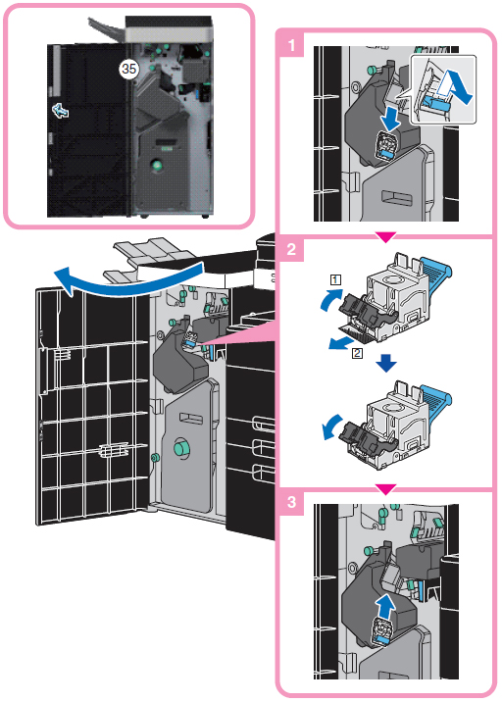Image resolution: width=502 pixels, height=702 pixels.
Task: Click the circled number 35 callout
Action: (x=129, y=69)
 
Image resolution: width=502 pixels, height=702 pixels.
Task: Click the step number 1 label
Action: (x=292, y=45)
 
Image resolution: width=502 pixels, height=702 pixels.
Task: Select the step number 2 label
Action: (x=291, y=249)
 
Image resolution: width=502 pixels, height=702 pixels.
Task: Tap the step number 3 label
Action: (x=291, y=502)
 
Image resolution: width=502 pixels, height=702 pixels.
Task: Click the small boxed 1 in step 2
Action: (x=335, y=280)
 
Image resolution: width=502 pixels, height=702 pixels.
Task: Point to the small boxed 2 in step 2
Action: (x=357, y=353)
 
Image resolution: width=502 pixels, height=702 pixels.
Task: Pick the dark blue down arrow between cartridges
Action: (x=386, y=363)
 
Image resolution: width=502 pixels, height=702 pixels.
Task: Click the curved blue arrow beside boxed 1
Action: (x=330, y=299)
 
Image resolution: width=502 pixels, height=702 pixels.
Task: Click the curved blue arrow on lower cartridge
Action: (x=331, y=428)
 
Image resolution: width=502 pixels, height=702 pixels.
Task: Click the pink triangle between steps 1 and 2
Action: (x=385, y=237)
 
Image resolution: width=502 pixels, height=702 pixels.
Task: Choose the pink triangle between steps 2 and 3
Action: (x=385, y=489)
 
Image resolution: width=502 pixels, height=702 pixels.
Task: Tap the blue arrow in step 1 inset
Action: (x=455, y=88)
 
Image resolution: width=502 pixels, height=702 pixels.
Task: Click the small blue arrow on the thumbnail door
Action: (x=61, y=110)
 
